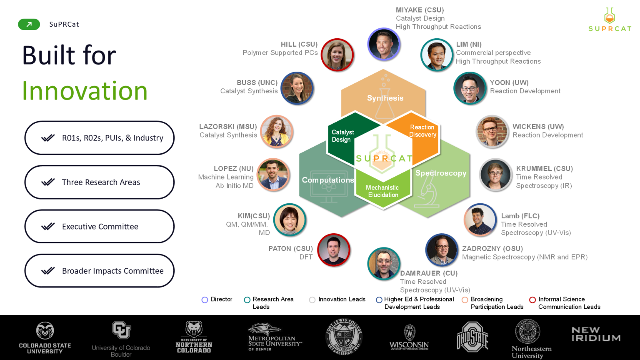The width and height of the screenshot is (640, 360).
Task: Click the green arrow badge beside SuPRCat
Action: pyautogui.click(x=29, y=24)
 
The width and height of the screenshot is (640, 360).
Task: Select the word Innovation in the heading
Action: pyautogui.click(x=85, y=91)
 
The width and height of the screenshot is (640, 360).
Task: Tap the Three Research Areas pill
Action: pyautogui.click(x=100, y=182)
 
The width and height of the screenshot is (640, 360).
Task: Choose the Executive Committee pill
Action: pyautogui.click(x=100, y=227)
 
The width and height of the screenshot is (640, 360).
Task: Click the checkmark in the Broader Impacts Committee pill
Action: pyautogui.click(x=48, y=270)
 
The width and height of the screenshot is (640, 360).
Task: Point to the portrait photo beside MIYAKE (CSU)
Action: pyautogui.click(x=384, y=44)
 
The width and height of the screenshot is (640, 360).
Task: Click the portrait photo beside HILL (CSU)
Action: pyautogui.click(x=337, y=55)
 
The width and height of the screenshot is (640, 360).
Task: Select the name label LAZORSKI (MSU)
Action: pyautogui.click(x=228, y=127)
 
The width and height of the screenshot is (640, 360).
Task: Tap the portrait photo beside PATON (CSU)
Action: pyautogui.click(x=334, y=250)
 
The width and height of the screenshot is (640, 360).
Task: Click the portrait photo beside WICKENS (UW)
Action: pyautogui.click(x=492, y=131)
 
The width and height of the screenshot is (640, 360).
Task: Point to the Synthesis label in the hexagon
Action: pyautogui.click(x=385, y=98)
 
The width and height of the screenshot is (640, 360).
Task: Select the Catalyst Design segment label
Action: pyautogui.click(x=342, y=136)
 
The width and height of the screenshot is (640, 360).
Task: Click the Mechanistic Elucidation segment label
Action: pyautogui.click(x=382, y=191)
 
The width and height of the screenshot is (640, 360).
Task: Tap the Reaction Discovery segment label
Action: pyautogui.click(x=422, y=131)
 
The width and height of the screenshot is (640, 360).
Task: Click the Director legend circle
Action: pyautogui.click(x=205, y=300)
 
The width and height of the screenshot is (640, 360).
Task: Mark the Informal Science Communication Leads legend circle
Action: pyautogui.click(x=532, y=300)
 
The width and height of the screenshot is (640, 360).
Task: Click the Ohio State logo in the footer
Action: pyautogui.click(x=472, y=337)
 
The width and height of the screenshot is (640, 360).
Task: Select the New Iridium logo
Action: pyautogui.click(x=596, y=334)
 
